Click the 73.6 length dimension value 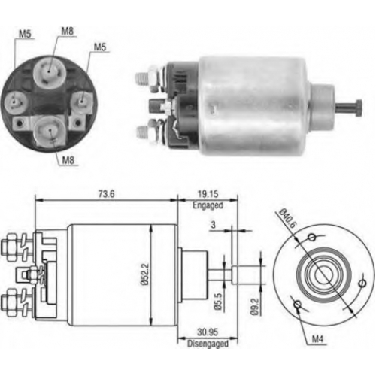[x=107, y=194]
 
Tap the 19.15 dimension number [x=208, y=194]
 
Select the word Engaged [x=208, y=205]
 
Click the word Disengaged [x=208, y=344]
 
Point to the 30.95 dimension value [x=208, y=332]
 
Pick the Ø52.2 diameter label [x=145, y=274]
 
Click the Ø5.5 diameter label [x=218, y=302]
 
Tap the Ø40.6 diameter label [x=287, y=218]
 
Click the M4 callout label [x=317, y=339]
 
